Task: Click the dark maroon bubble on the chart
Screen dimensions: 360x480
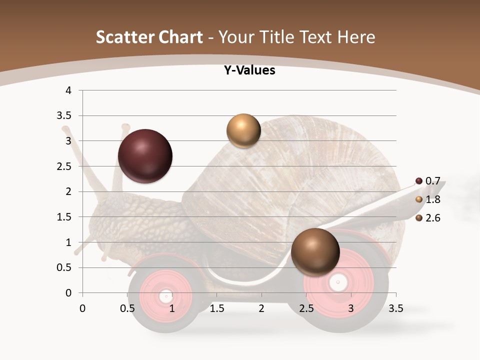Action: (x=145, y=156)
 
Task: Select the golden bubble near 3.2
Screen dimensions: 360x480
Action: (x=243, y=131)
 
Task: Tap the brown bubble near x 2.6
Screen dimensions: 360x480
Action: (x=315, y=252)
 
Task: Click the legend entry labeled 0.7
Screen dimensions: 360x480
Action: (x=428, y=181)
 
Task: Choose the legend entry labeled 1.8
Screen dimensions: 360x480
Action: (x=428, y=199)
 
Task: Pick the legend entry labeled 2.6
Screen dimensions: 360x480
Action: (x=428, y=218)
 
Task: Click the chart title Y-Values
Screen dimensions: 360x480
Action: (x=249, y=70)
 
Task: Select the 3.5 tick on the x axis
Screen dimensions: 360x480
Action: (x=395, y=308)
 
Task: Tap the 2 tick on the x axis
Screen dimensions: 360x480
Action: (x=261, y=308)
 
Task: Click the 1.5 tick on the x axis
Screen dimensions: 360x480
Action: (x=216, y=308)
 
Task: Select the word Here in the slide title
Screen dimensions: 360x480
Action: (x=355, y=37)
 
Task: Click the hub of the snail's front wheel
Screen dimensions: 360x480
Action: (x=166, y=296)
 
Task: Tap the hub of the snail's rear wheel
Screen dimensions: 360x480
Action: (x=338, y=282)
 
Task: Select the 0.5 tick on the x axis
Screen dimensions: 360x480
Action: (x=127, y=308)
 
